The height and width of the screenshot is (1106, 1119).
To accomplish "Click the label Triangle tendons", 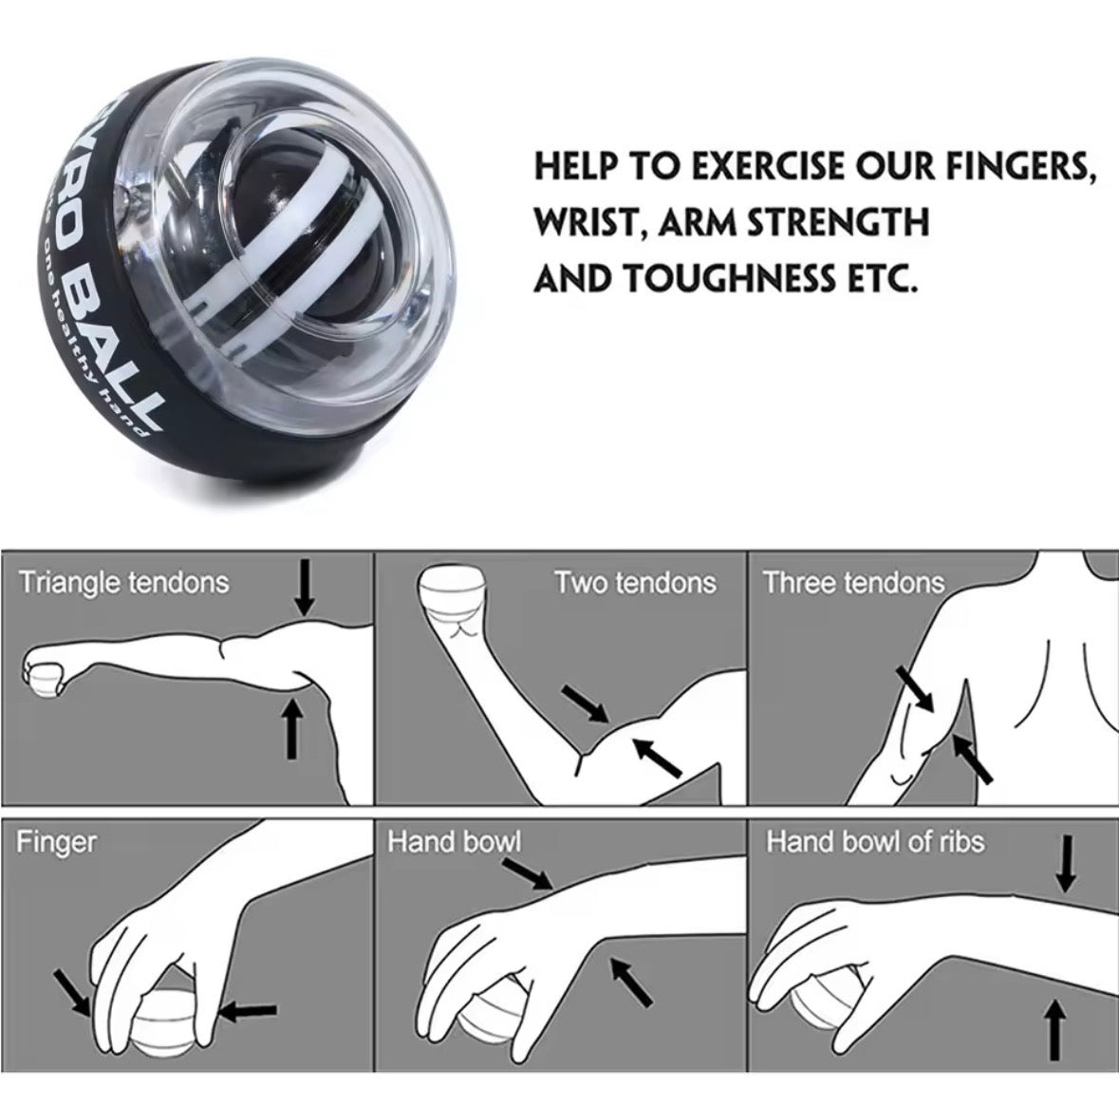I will tap(124, 582).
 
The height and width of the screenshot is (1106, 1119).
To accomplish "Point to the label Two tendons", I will tap(635, 582).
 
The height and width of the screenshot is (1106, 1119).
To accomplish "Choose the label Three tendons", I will tap(854, 582).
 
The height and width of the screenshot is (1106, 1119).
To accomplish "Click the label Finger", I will tap(56, 841).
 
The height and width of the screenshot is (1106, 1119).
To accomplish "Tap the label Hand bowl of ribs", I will tap(875, 841).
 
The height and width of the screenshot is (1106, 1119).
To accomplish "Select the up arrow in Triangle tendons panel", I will tap(292, 726).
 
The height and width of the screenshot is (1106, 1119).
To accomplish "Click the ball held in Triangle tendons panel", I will tap(41, 681).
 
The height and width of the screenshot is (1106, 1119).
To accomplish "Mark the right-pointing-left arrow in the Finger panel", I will tap(248, 1011).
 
